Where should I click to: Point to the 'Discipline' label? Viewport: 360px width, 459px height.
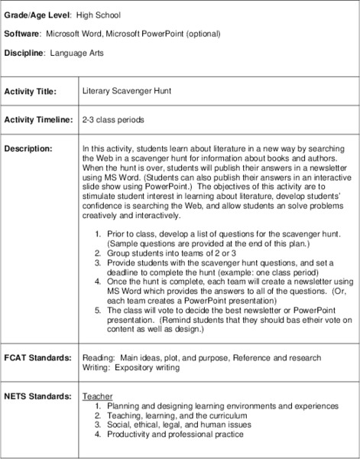[25, 54]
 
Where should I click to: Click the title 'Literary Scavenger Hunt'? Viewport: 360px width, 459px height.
[127, 90]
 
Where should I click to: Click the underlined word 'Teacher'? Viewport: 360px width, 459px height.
[96, 396]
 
